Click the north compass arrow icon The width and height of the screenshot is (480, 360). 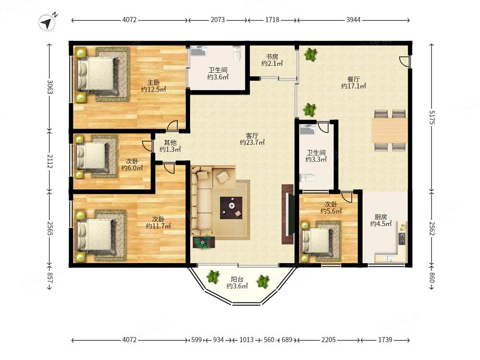[47, 23]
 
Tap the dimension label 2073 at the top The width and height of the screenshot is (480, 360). [217, 20]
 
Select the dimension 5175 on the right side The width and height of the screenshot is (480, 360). [432, 117]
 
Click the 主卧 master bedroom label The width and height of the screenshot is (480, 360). [154, 83]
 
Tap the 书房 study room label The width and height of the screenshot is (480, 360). [272, 57]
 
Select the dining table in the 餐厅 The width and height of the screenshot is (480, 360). [389, 131]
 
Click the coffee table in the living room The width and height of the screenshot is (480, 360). [231, 208]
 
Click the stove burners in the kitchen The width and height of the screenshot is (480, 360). [401, 239]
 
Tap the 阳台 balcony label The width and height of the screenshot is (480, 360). [237, 279]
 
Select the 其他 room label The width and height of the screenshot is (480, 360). [170, 143]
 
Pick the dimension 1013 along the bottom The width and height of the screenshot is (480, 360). [246, 340]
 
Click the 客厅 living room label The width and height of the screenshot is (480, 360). [252, 135]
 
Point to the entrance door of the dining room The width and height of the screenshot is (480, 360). [405, 62]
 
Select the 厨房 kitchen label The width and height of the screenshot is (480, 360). [381, 217]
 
